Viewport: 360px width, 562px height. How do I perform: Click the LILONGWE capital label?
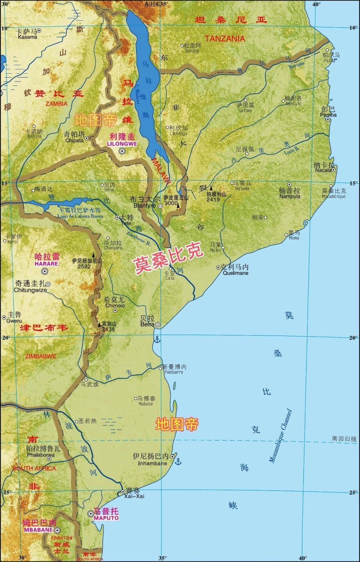pos(122,143)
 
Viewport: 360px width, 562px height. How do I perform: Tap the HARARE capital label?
pos(46,263)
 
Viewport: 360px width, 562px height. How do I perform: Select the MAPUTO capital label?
pos(106,518)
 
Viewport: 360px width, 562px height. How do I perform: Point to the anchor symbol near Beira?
pos(157,339)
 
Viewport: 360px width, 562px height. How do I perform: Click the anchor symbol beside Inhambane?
pos(178,461)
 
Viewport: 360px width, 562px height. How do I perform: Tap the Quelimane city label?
pos(235,273)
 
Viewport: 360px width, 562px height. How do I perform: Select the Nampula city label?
pos(289,196)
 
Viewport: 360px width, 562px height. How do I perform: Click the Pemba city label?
pos(328,115)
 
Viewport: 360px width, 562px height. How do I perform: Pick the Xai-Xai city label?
pos(134,496)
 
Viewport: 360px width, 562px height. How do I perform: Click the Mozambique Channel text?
pos(280,436)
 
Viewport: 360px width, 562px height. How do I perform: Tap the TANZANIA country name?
pos(225,38)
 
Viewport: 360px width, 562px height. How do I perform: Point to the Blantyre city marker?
pos(160,206)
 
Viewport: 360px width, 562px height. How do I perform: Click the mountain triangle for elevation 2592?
pos(93,254)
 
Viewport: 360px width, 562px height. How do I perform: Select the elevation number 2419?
pos(213,199)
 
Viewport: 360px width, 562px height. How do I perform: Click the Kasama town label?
pos(27,37)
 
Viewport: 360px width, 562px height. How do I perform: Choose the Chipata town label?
pos(74,140)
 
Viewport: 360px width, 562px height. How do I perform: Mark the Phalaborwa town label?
pos(40,455)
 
